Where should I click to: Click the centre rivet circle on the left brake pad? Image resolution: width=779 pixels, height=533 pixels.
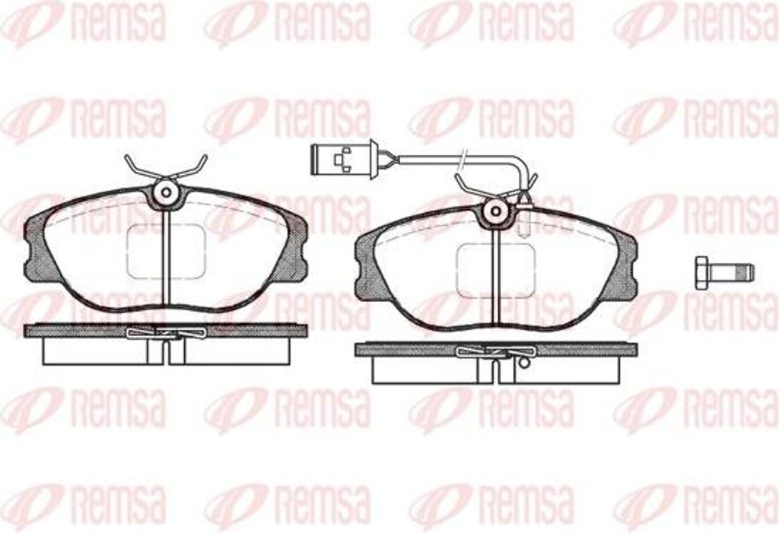[167, 192]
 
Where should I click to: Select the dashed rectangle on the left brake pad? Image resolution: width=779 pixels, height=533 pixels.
[166, 251]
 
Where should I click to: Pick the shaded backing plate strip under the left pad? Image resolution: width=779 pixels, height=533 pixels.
[165, 331]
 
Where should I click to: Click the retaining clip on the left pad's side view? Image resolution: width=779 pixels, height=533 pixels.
[167, 332]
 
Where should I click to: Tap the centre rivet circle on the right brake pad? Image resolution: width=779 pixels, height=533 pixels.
[496, 211]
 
